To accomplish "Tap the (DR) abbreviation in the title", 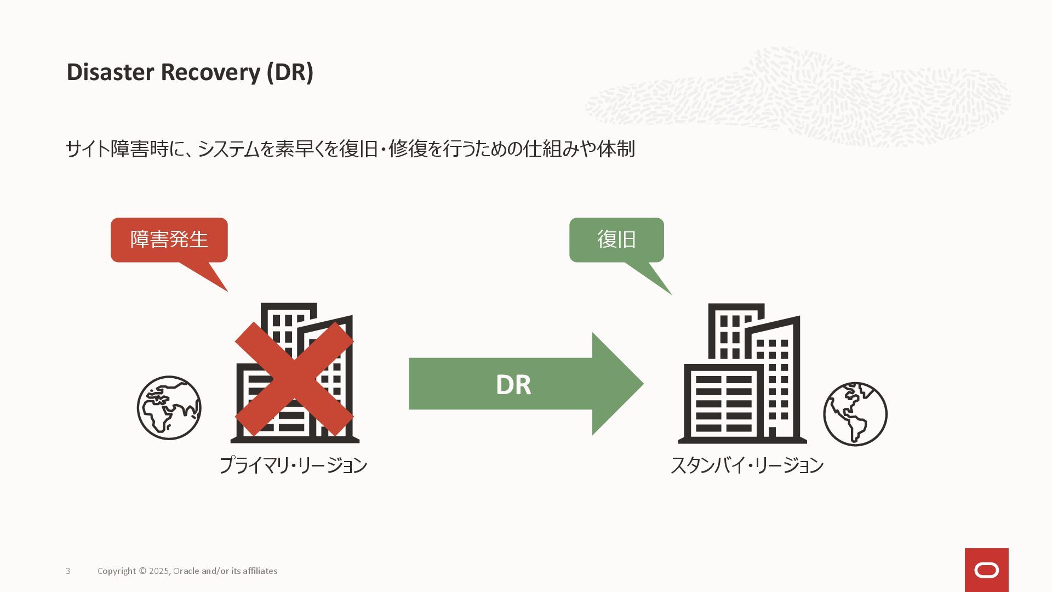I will tap(290, 72).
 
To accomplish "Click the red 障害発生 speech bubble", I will tap(169, 240).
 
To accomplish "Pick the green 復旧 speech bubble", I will tap(616, 240).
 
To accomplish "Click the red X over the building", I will tap(294, 379).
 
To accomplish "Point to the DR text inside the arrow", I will tap(513, 385).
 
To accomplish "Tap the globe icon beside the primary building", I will tap(169, 408).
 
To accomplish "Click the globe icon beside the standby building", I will tap(855, 414).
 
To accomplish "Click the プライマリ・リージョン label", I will tap(293, 465).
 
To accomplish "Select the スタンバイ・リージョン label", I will tap(747, 465).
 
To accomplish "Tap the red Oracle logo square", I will tap(986, 570).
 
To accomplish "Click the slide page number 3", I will tap(68, 571).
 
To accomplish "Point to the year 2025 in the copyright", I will tap(159, 571).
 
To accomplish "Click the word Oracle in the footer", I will tap(186, 571).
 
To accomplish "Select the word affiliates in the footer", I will tap(260, 571).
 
